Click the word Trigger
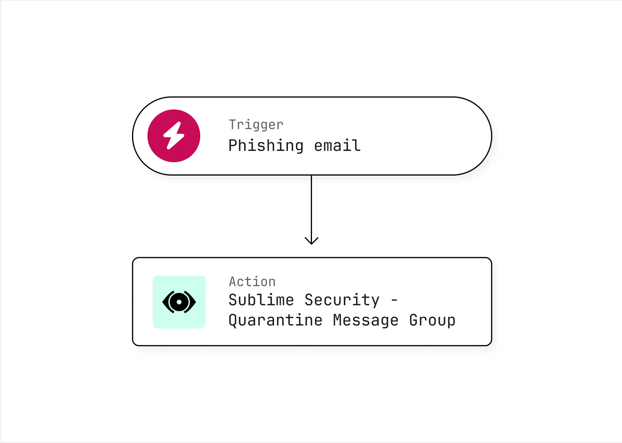click(x=256, y=125)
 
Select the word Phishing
click(x=266, y=146)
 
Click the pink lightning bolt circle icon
click(x=174, y=136)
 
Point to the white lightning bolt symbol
click(x=174, y=136)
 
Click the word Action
click(x=252, y=282)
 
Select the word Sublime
click(x=261, y=300)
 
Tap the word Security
click(x=342, y=300)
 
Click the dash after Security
click(x=394, y=300)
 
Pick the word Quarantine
click(x=276, y=320)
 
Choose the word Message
click(x=366, y=321)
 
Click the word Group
click(x=432, y=321)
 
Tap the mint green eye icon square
click(x=179, y=302)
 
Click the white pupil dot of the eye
click(x=179, y=302)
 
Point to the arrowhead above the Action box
click(x=312, y=241)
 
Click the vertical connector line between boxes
click(x=312, y=210)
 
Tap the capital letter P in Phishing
click(x=233, y=145)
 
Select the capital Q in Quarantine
click(x=233, y=321)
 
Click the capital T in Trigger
click(x=233, y=124)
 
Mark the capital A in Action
click(x=233, y=282)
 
